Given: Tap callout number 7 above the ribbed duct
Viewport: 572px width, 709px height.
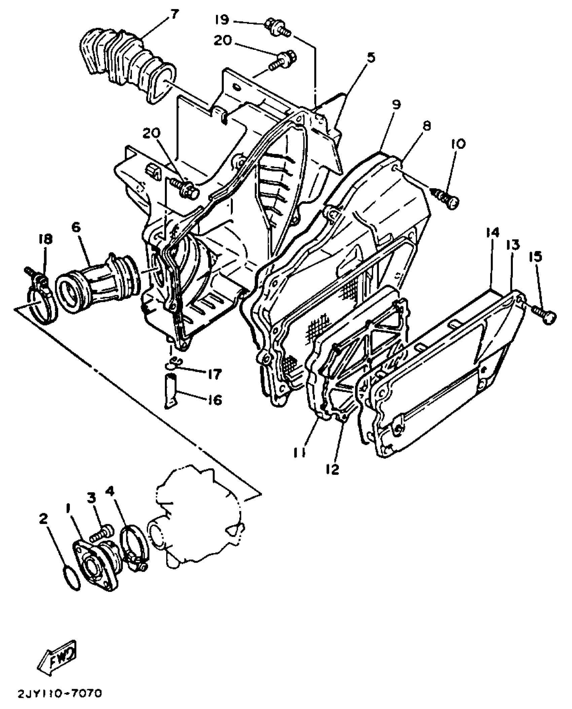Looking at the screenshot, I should point(174,14).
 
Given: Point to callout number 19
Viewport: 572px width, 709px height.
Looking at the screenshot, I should point(222,20).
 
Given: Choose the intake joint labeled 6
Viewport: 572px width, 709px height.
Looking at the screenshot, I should point(98,285).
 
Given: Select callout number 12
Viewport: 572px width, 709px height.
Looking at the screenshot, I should point(333,469).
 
